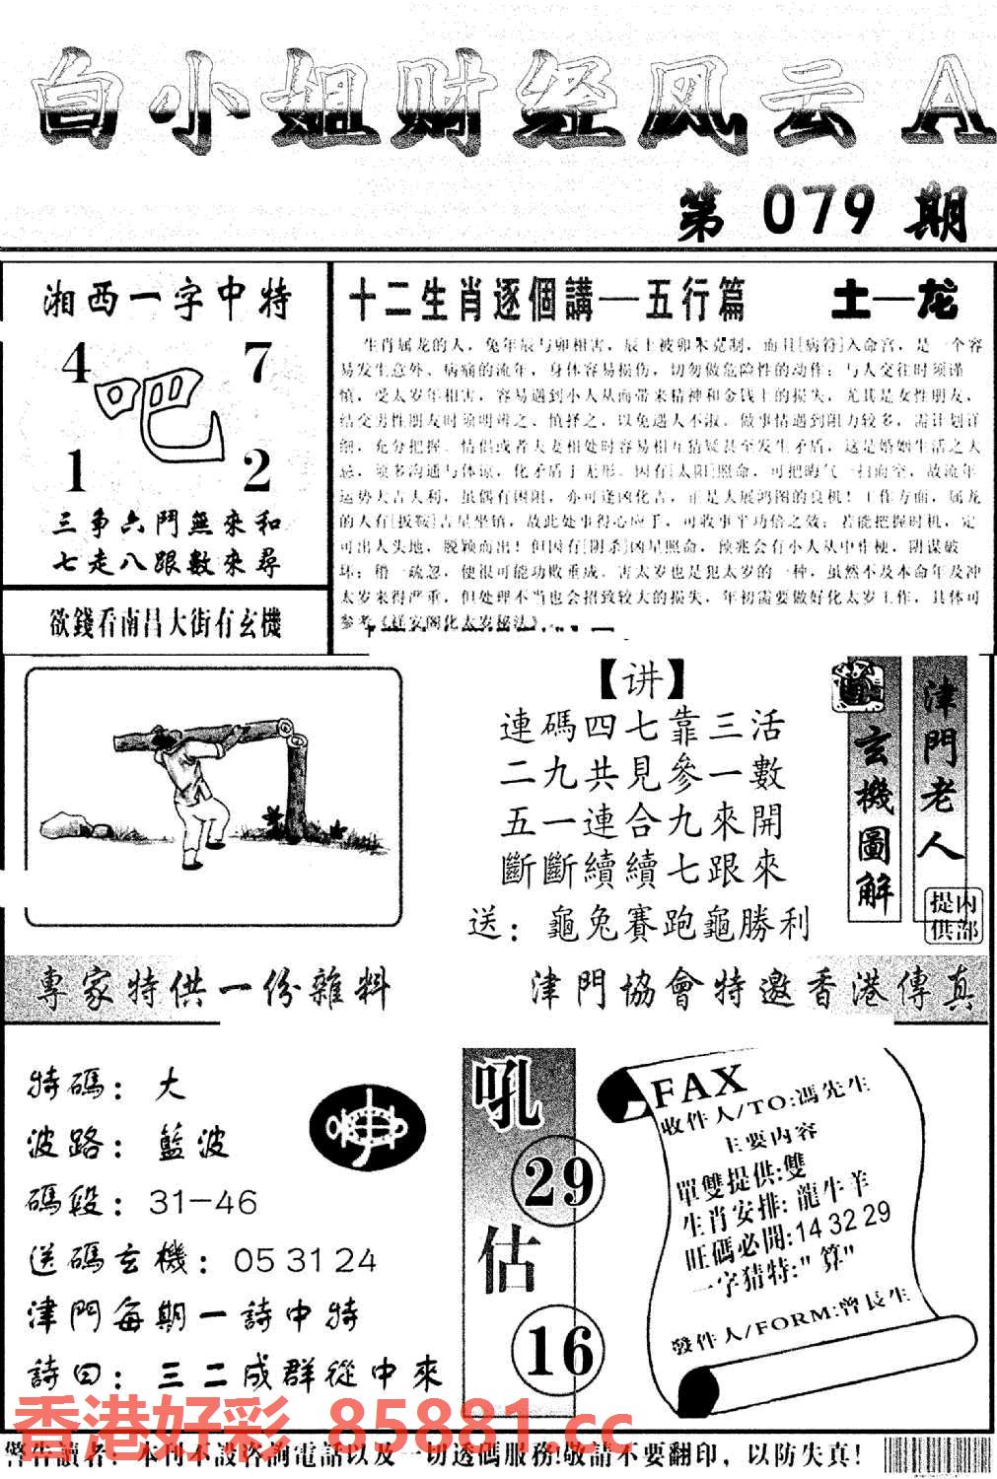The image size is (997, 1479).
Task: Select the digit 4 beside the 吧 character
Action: [75, 368]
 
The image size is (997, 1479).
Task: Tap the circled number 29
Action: [558, 1182]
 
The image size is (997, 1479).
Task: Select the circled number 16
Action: [558, 1350]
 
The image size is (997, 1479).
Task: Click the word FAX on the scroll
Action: [698, 1086]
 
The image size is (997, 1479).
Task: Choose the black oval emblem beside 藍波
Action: [367, 1126]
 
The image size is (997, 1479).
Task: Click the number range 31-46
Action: [203, 1203]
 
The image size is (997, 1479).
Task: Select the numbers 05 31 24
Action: [305, 1260]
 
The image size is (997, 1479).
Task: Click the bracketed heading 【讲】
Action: [642, 679]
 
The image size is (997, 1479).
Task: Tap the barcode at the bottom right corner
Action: [936, 1455]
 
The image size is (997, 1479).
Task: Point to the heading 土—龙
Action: [893, 301]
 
